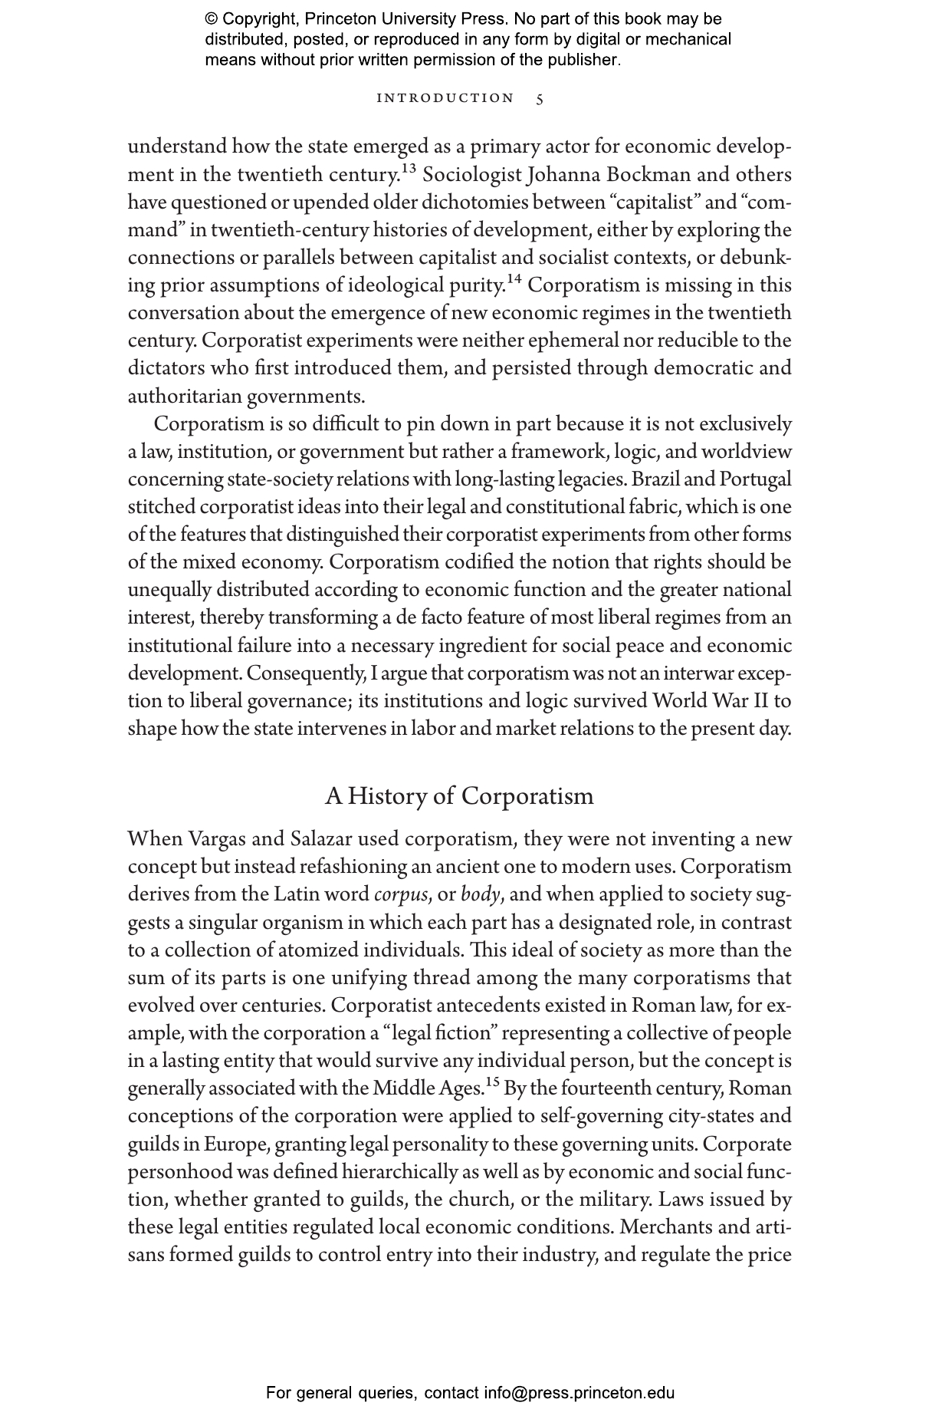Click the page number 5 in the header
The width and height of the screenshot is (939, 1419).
coord(540,99)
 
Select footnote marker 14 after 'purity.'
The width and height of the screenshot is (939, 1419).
coord(514,278)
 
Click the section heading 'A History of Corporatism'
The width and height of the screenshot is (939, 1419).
coord(459,796)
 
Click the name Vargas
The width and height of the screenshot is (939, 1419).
coord(218,839)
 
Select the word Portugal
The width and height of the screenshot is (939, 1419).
coord(755,479)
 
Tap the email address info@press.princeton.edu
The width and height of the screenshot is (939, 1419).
coord(579,1393)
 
